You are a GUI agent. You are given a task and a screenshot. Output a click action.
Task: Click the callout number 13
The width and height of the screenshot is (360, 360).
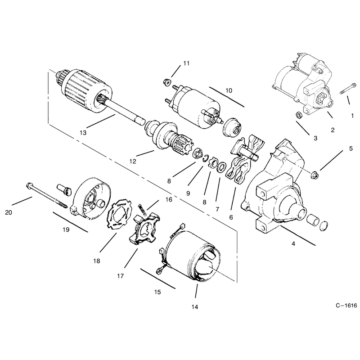click(x=83, y=133)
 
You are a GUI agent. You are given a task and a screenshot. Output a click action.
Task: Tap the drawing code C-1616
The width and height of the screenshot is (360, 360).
click(x=346, y=306)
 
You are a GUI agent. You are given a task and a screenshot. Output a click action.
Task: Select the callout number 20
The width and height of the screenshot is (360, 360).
click(x=9, y=212)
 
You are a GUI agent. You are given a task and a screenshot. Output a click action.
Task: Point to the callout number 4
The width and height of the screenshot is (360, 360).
click(x=293, y=243)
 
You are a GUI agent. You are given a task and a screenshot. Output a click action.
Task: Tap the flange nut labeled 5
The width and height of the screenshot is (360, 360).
click(x=315, y=176)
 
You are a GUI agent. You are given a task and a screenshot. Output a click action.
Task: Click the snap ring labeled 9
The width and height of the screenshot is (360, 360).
click(x=206, y=159)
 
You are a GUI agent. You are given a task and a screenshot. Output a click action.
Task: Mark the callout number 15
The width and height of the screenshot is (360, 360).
click(x=157, y=292)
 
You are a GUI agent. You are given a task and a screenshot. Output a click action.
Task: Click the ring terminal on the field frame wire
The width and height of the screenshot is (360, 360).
click(x=160, y=271)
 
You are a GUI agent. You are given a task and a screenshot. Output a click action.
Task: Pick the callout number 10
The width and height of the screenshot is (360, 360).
click(x=229, y=90)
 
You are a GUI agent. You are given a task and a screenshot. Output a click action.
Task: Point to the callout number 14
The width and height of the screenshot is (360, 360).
click(x=195, y=307)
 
